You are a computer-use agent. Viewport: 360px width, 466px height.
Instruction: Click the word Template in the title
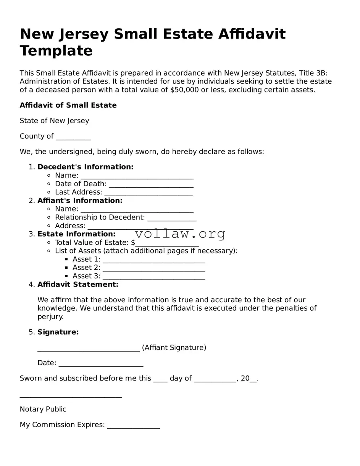56,51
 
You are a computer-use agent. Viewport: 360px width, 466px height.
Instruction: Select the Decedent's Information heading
86,167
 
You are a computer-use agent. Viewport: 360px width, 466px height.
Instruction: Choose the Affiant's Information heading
80,201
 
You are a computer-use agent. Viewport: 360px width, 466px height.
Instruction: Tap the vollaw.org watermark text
180,234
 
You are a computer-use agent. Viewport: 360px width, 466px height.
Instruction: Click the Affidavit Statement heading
78,285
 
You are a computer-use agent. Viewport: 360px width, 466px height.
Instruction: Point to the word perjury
50,317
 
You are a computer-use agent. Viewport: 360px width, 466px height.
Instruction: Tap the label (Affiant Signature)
174,348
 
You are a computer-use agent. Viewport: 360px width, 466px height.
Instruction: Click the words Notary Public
43,410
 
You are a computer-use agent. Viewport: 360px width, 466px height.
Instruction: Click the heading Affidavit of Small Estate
68,105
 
